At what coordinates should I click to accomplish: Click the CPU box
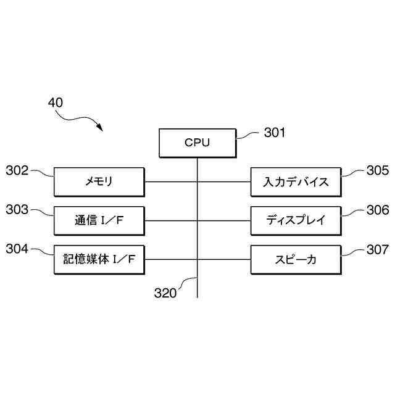click(x=197, y=143)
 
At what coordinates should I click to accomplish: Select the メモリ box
click(x=99, y=182)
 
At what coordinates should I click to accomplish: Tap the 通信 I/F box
click(x=99, y=220)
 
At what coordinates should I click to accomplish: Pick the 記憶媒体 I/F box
click(x=99, y=259)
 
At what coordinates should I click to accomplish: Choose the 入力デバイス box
click(x=296, y=182)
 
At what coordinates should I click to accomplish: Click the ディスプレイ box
click(x=296, y=220)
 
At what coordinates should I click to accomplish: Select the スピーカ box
click(x=296, y=259)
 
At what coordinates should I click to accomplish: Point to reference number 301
click(x=275, y=132)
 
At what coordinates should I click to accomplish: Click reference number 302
click(x=17, y=171)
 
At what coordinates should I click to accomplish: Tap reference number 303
click(x=17, y=210)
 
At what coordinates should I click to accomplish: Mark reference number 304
click(x=17, y=249)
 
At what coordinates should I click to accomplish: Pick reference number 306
click(x=377, y=210)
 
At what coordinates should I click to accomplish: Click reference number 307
click(x=377, y=250)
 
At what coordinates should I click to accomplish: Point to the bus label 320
click(x=165, y=294)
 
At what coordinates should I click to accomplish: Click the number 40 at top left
click(x=55, y=103)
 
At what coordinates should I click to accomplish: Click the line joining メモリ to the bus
click(x=170, y=182)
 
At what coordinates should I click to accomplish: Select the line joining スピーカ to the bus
click(x=224, y=259)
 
